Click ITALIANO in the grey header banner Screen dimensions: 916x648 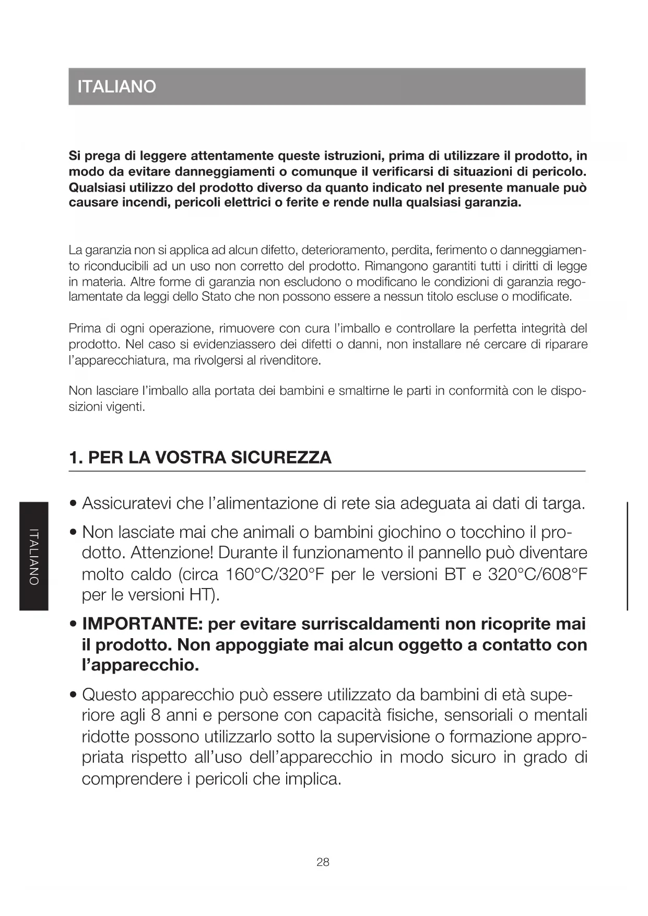coord(116,86)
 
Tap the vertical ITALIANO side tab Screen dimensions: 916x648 coord(34,556)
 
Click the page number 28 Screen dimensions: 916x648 coord(323,862)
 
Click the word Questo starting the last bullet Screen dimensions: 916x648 coord(109,695)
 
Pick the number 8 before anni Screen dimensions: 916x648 coord(156,715)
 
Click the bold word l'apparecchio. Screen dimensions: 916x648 coord(140,666)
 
